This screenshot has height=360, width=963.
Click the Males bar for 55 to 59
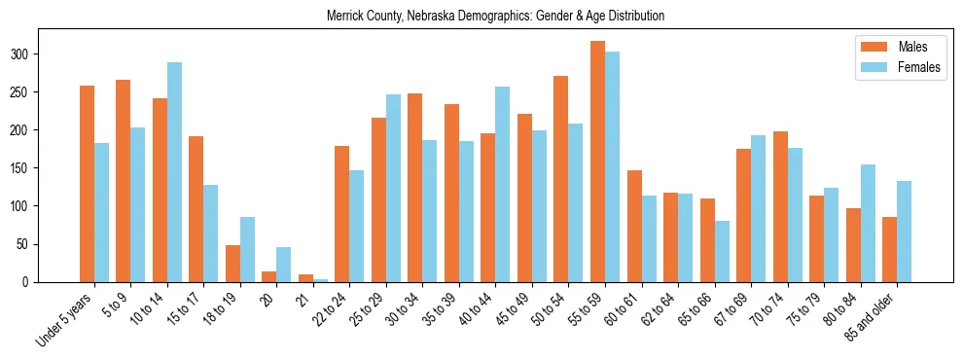(597, 162)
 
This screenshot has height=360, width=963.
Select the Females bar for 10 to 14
(174, 172)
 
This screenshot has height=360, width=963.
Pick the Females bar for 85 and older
(904, 232)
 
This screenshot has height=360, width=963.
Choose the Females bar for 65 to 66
(722, 251)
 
